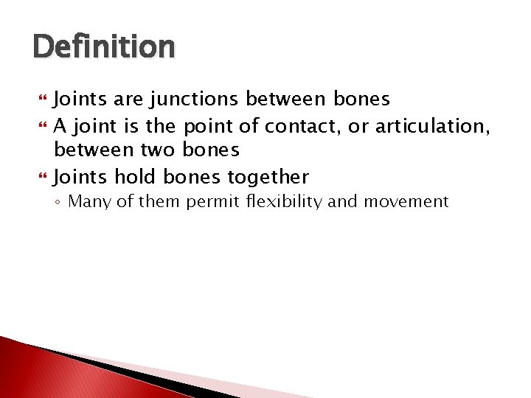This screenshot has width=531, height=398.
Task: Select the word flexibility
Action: click(284, 202)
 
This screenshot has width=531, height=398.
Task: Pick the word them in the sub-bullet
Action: click(164, 202)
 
